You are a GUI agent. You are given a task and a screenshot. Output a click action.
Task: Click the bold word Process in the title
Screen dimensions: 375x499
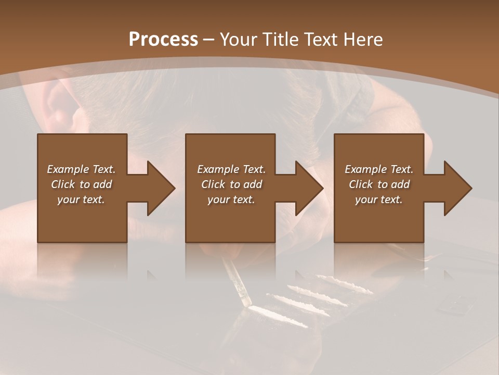(x=163, y=39)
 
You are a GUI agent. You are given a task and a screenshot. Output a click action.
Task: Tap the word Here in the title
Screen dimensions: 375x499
(x=362, y=39)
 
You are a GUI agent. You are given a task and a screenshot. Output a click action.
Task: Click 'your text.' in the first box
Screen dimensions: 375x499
(x=81, y=199)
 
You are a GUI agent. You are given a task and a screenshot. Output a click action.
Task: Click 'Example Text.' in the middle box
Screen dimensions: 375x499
(x=231, y=169)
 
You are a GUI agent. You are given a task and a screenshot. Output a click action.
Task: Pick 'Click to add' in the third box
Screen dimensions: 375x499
(x=379, y=184)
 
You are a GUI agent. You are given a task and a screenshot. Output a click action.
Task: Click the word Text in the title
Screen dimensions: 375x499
(x=320, y=39)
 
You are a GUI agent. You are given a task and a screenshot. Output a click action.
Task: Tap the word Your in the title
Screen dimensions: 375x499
(x=237, y=39)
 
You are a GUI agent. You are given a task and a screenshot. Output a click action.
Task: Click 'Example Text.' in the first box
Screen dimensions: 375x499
(x=81, y=169)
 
